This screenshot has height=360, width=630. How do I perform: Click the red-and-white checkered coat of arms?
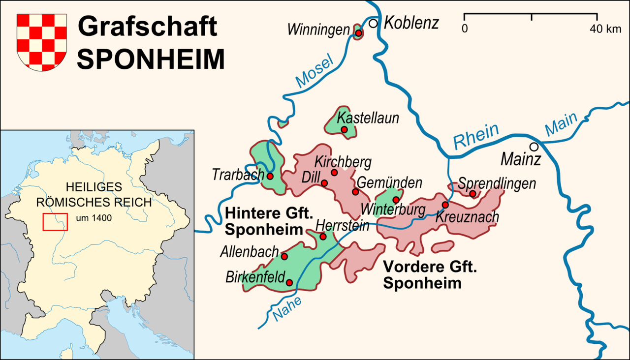tap(42, 41)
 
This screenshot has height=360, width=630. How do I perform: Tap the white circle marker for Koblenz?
tap(374, 23)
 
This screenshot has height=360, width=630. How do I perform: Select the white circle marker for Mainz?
tap(534, 147)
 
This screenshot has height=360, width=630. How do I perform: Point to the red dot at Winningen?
tap(359, 33)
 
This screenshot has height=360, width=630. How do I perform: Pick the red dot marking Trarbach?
tap(270, 176)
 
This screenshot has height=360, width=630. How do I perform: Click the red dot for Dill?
tap(324, 183)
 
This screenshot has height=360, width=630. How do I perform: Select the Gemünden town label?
tap(389, 182)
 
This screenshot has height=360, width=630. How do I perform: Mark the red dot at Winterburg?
tap(396, 200)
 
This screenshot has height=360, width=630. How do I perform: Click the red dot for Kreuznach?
tap(445, 205)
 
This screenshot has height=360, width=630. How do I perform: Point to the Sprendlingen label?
tap(497, 183)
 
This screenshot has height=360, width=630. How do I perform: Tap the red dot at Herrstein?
tap(323, 237)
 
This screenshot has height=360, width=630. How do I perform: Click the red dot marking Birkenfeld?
tap(289, 282)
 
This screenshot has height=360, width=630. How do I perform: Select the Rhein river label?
tap(476, 136)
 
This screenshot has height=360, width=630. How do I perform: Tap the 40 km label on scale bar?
tap(606, 29)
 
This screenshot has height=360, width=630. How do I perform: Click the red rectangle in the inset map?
tap(55, 222)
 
